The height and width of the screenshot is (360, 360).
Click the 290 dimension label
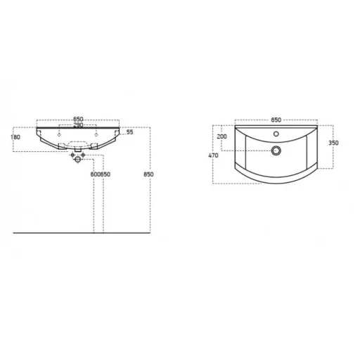[x=78, y=125]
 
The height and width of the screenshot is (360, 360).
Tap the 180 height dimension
[x=15, y=137]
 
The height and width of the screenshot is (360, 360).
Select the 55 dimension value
[x=129, y=132]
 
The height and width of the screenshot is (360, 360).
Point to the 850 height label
[x=148, y=174]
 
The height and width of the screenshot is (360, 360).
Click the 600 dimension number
[x=96, y=174]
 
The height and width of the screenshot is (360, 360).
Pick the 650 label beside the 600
[x=105, y=174]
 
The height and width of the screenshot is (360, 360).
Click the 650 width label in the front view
[x=78, y=120]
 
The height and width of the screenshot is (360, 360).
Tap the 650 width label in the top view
[x=276, y=120]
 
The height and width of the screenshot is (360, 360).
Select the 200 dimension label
[x=221, y=136]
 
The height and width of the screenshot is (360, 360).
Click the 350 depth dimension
[x=333, y=143]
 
